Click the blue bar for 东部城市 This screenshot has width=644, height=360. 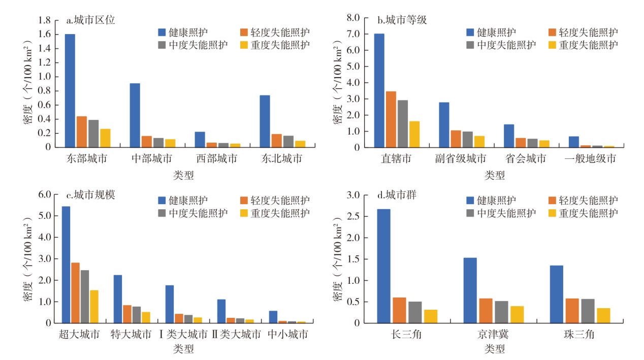tap(70, 91)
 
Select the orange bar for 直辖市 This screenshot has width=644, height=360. tap(392, 119)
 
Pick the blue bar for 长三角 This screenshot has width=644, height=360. tap(383, 266)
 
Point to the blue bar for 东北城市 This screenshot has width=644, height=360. tap(265, 121)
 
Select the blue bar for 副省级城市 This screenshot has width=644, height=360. tap(444, 125)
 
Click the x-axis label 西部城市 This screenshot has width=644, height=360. tap(216, 158)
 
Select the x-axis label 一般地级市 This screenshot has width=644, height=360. tap(590, 159)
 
